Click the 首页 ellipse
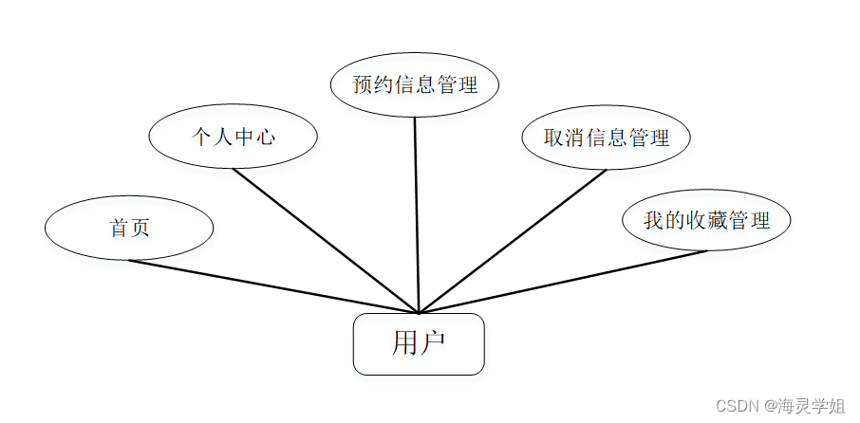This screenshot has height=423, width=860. click(129, 228)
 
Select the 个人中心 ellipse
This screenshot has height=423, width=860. click(233, 137)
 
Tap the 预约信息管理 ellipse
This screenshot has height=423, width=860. click(414, 84)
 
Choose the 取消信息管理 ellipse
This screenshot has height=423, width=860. click(606, 138)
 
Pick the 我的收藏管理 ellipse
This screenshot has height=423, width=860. click(706, 221)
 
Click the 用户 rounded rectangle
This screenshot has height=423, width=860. click(419, 344)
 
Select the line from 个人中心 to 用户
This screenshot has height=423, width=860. click(325, 241)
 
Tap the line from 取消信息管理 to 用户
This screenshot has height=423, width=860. click(513, 241)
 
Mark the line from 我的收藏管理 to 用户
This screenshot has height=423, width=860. click(562, 282)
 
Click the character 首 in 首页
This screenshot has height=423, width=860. click(119, 229)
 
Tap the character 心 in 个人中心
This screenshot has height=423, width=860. click(266, 138)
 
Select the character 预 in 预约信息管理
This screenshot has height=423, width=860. click(362, 85)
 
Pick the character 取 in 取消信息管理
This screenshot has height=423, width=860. click(553, 138)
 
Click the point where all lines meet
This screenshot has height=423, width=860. click(418, 312)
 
